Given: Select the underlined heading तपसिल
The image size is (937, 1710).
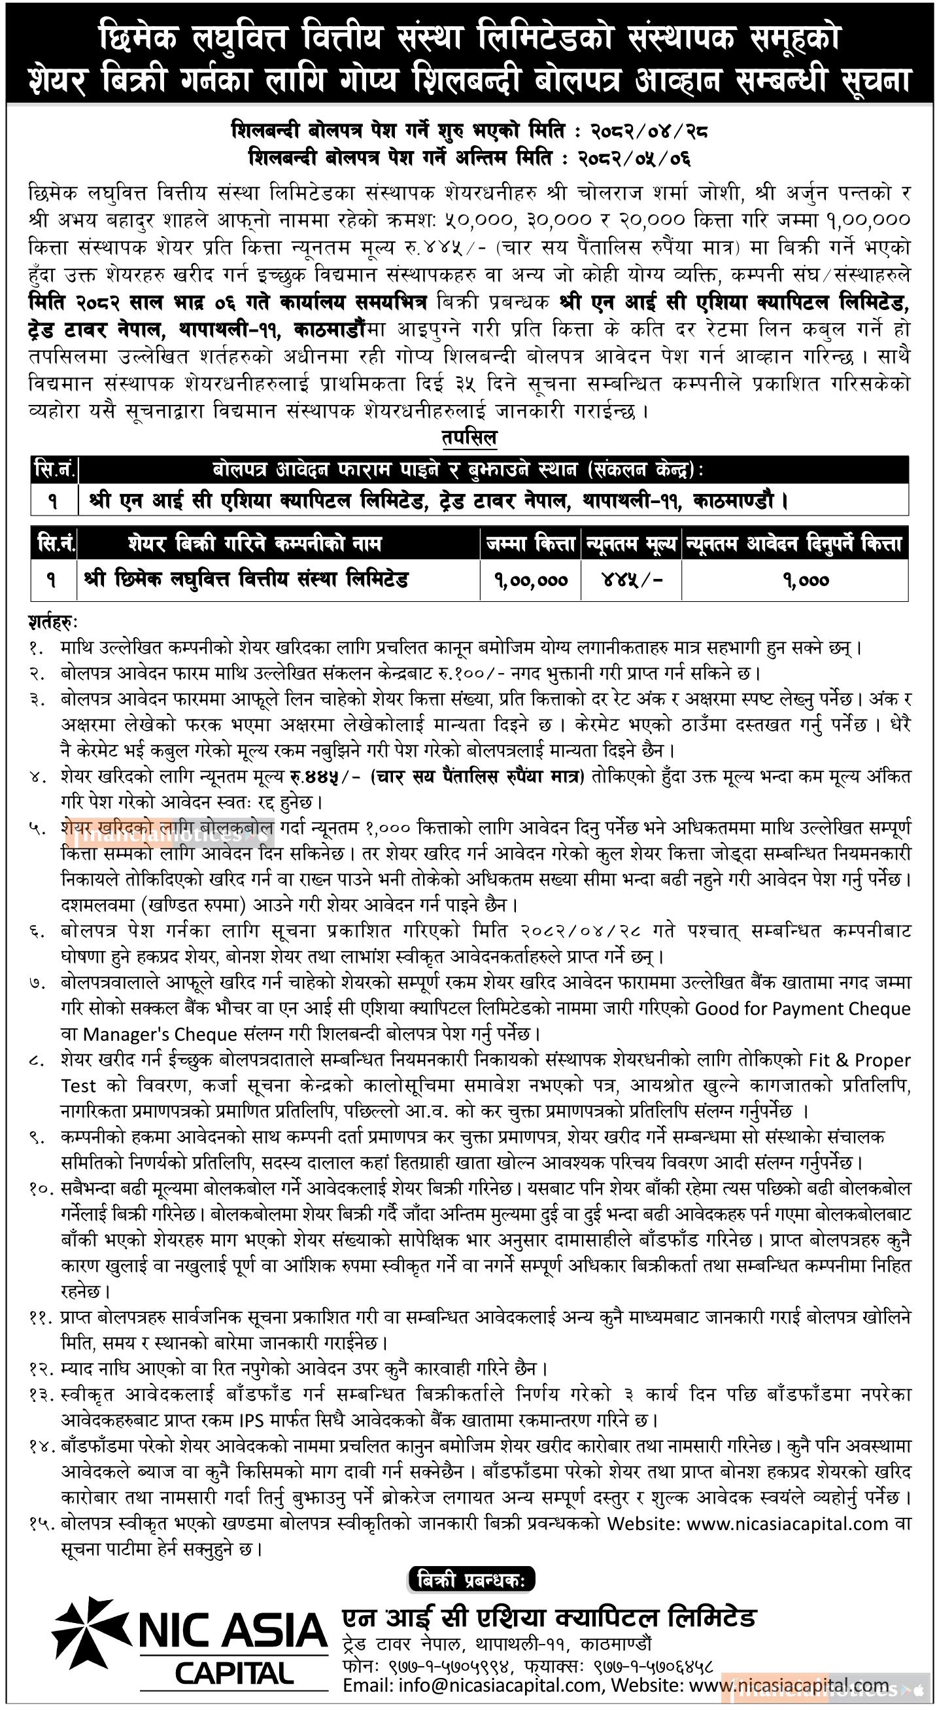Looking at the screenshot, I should coord(468,438).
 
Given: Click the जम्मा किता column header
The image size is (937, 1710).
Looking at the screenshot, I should coord(530,544).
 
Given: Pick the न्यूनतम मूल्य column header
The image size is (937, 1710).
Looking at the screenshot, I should coord(630,544).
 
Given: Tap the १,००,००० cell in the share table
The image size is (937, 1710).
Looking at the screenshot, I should coord(530,580).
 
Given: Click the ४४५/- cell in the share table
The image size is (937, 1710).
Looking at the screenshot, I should coord(630,580).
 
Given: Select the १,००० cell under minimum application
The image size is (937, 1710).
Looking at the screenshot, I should coord(794,580).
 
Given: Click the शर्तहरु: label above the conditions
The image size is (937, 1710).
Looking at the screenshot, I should coord(53,622).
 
